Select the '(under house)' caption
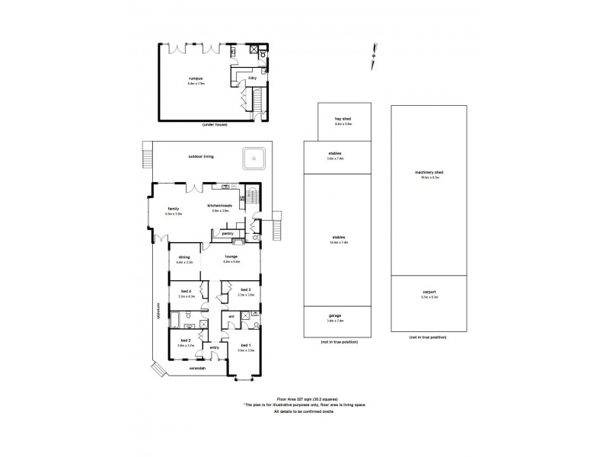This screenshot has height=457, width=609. [214, 124]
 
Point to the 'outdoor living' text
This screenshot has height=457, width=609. [201, 156]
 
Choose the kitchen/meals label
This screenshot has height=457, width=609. [219, 206]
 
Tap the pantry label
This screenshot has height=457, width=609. [227, 233]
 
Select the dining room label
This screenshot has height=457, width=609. [184, 257]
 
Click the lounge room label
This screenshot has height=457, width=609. [231, 257]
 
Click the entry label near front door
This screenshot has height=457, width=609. [214, 348]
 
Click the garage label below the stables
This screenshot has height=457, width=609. [335, 315]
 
